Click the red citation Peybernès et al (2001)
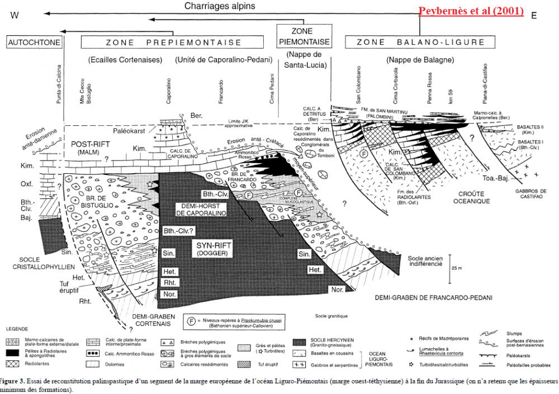click(471, 11)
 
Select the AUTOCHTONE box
click(34, 42)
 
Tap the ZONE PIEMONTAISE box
click(302, 36)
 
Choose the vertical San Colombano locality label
click(358, 86)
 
